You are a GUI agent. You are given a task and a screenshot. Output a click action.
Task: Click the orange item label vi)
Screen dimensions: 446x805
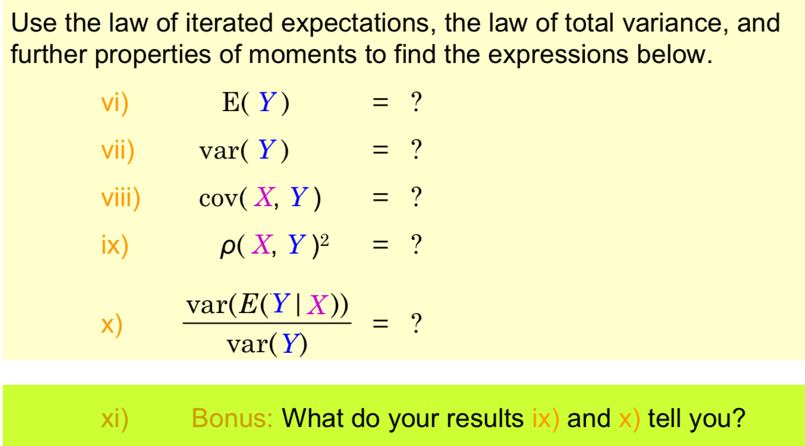click(115, 104)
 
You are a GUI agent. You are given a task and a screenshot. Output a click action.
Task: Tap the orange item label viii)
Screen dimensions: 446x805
click(121, 198)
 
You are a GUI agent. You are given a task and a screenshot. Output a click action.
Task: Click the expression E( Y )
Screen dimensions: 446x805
click(256, 104)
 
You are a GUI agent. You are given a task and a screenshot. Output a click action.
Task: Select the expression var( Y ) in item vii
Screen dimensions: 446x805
click(244, 151)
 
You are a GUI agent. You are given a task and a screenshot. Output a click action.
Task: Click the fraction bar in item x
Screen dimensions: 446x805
click(267, 324)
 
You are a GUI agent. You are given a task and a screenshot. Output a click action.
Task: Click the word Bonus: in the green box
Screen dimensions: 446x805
click(232, 419)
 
